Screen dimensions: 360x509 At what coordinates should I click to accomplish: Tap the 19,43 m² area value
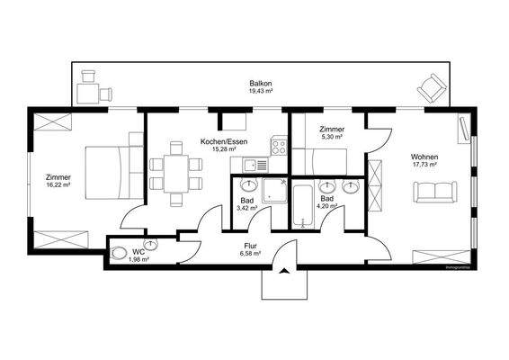pos(262,92)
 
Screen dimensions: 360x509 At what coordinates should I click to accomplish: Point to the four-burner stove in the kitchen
pos(277,145)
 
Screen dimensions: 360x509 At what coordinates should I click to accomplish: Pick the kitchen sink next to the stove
pos(249,165)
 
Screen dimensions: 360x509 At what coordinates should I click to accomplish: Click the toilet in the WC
pos(120,253)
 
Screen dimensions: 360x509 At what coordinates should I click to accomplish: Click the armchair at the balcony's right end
pos(429,89)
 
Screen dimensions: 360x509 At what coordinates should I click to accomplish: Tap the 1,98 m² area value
pos(138,259)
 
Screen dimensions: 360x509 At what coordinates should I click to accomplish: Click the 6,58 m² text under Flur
pos(251,254)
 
